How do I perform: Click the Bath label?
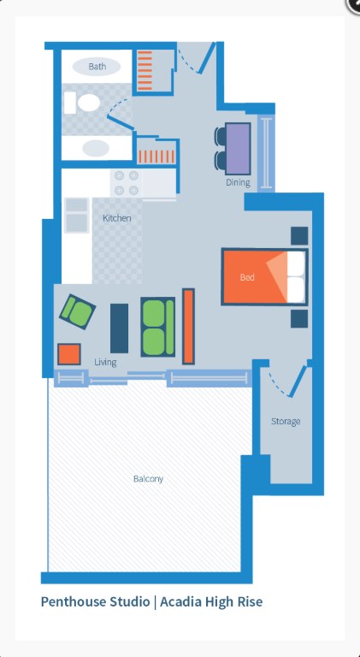tap(97, 66)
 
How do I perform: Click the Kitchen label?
tap(117, 218)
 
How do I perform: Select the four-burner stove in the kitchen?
tap(127, 183)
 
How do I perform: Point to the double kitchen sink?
tap(77, 215)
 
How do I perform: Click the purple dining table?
tap(238, 149)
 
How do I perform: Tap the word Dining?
tap(239, 182)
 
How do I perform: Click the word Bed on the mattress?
tap(247, 277)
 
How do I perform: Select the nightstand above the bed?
tap(299, 235)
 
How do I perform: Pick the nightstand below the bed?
tap(299, 318)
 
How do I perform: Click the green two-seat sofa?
tap(158, 327)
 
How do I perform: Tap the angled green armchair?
tap(78, 311)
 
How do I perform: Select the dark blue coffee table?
tap(120, 328)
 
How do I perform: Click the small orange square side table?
tap(69, 354)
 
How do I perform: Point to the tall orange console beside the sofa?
tap(188, 326)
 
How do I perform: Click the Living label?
tap(105, 362)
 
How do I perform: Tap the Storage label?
tap(286, 421)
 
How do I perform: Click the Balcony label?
tap(148, 478)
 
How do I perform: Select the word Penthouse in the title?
tap(74, 601)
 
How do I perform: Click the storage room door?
tap(300, 381)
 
